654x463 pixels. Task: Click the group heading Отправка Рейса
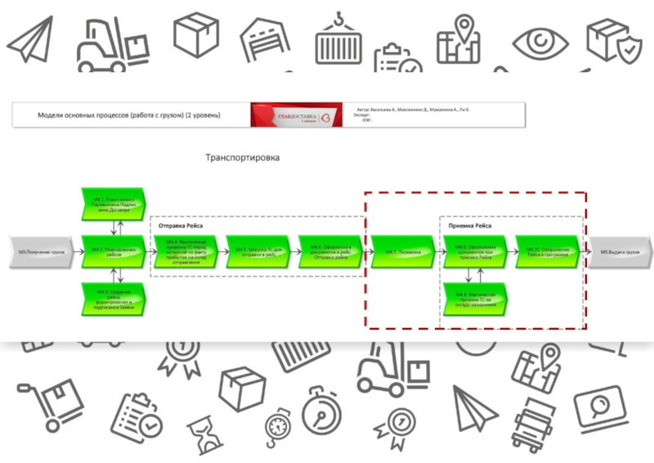pos(181,225)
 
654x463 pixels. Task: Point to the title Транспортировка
pos(241,158)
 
